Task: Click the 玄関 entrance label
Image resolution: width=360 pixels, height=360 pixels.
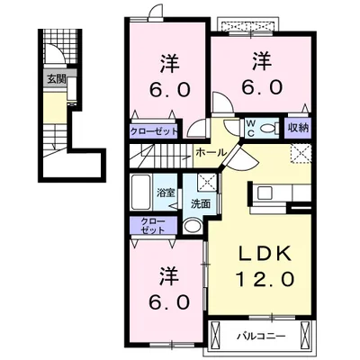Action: pyautogui.click(x=56, y=79)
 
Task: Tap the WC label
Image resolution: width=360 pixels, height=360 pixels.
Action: pyautogui.click(x=250, y=129)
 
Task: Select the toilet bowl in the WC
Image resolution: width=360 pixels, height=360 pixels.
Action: pyautogui.click(x=267, y=129)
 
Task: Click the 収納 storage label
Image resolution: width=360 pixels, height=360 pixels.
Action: pyautogui.click(x=299, y=128)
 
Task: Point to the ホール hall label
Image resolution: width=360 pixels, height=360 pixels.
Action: pyautogui.click(x=211, y=153)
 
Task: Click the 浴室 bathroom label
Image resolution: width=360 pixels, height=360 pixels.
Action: pyautogui.click(x=166, y=193)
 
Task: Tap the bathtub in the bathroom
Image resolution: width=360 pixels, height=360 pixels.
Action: pyautogui.click(x=140, y=193)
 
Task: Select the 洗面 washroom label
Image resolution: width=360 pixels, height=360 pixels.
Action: pyautogui.click(x=201, y=204)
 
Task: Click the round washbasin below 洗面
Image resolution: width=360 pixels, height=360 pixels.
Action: pyautogui.click(x=193, y=226)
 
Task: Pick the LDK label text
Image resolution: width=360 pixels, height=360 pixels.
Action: pyautogui.click(x=265, y=255)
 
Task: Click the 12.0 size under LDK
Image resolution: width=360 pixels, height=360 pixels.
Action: pyautogui.click(x=265, y=279)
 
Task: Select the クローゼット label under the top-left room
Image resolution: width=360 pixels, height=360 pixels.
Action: pyautogui.click(x=154, y=131)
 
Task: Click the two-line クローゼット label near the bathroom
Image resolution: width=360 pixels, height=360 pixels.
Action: pyautogui.click(x=153, y=226)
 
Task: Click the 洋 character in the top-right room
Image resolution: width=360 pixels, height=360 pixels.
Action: pyautogui.click(x=262, y=61)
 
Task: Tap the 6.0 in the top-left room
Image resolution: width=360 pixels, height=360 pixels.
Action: pyautogui.click(x=170, y=89)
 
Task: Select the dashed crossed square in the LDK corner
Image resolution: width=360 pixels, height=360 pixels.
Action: pyautogui.click(x=301, y=153)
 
